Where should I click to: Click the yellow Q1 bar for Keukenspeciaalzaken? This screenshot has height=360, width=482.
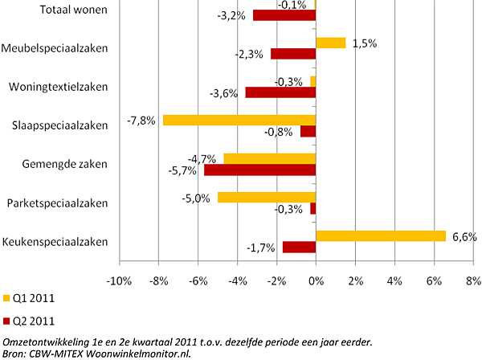(381, 235)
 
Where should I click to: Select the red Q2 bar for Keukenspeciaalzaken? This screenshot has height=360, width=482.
(299, 247)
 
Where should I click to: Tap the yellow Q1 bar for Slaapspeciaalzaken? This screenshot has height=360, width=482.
(239, 121)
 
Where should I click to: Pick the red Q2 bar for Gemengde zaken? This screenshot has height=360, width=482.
(260, 170)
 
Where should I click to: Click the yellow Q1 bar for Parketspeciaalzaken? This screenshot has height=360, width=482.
(267, 197)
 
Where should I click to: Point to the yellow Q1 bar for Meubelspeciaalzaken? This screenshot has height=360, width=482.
(330, 43)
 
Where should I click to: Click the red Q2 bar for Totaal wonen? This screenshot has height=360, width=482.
(284, 15)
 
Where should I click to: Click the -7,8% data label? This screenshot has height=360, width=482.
(141, 121)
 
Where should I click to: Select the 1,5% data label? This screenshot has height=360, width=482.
(364, 43)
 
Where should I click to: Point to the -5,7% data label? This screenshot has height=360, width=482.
(183, 171)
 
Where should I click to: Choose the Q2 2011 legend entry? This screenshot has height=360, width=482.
(31, 321)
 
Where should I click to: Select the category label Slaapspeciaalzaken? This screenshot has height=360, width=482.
(60, 125)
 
